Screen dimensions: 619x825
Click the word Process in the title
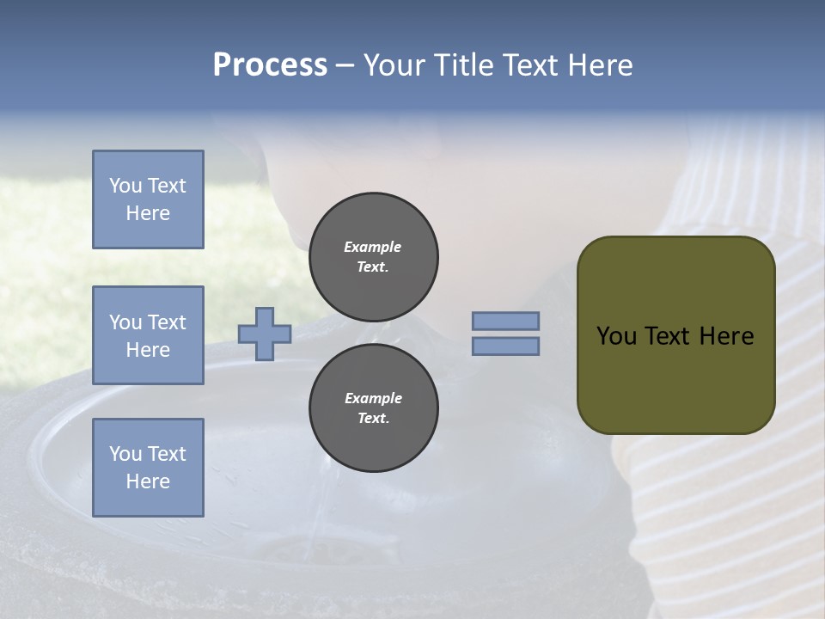(x=270, y=65)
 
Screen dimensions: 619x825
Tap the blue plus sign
(x=265, y=334)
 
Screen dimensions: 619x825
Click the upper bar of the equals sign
(x=505, y=321)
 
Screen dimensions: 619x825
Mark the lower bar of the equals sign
(x=505, y=346)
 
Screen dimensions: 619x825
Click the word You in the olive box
(x=616, y=336)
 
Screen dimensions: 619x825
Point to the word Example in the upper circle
(x=373, y=247)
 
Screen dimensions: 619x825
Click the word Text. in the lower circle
(x=373, y=419)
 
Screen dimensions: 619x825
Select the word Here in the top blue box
(x=148, y=213)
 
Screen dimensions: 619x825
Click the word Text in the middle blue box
(x=167, y=322)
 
